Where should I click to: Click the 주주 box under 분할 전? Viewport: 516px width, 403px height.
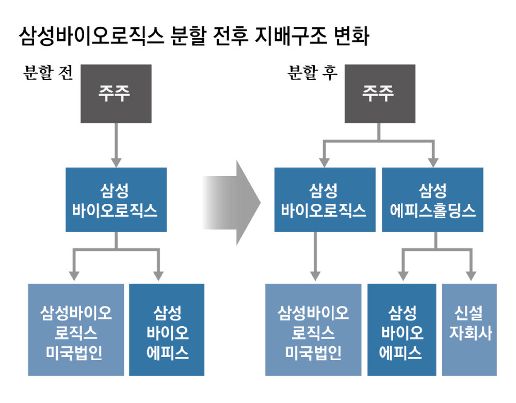tap(115, 93)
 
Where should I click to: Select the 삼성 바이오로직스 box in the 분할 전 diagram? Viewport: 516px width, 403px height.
tap(116, 200)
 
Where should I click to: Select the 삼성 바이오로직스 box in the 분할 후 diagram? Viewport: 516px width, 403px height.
tap(324, 200)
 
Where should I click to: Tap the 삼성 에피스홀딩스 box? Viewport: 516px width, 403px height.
tap(432, 200)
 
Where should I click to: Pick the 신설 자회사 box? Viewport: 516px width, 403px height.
tap(470, 329)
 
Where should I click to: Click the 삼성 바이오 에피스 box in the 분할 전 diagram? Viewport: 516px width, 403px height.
tap(167, 329)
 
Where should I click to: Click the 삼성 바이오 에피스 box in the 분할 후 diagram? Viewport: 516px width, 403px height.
tap(401, 329)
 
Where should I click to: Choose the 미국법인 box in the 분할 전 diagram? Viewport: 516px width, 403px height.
tap(76, 329)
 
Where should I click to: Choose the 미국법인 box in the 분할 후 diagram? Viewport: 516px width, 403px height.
tap(313, 329)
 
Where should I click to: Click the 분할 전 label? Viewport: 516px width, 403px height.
tap(47, 73)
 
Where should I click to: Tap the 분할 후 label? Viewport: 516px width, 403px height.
tap(312, 73)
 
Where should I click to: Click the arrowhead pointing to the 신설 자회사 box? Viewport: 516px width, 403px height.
tap(470, 274)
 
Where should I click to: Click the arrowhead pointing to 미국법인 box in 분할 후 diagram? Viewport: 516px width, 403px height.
tap(313, 274)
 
